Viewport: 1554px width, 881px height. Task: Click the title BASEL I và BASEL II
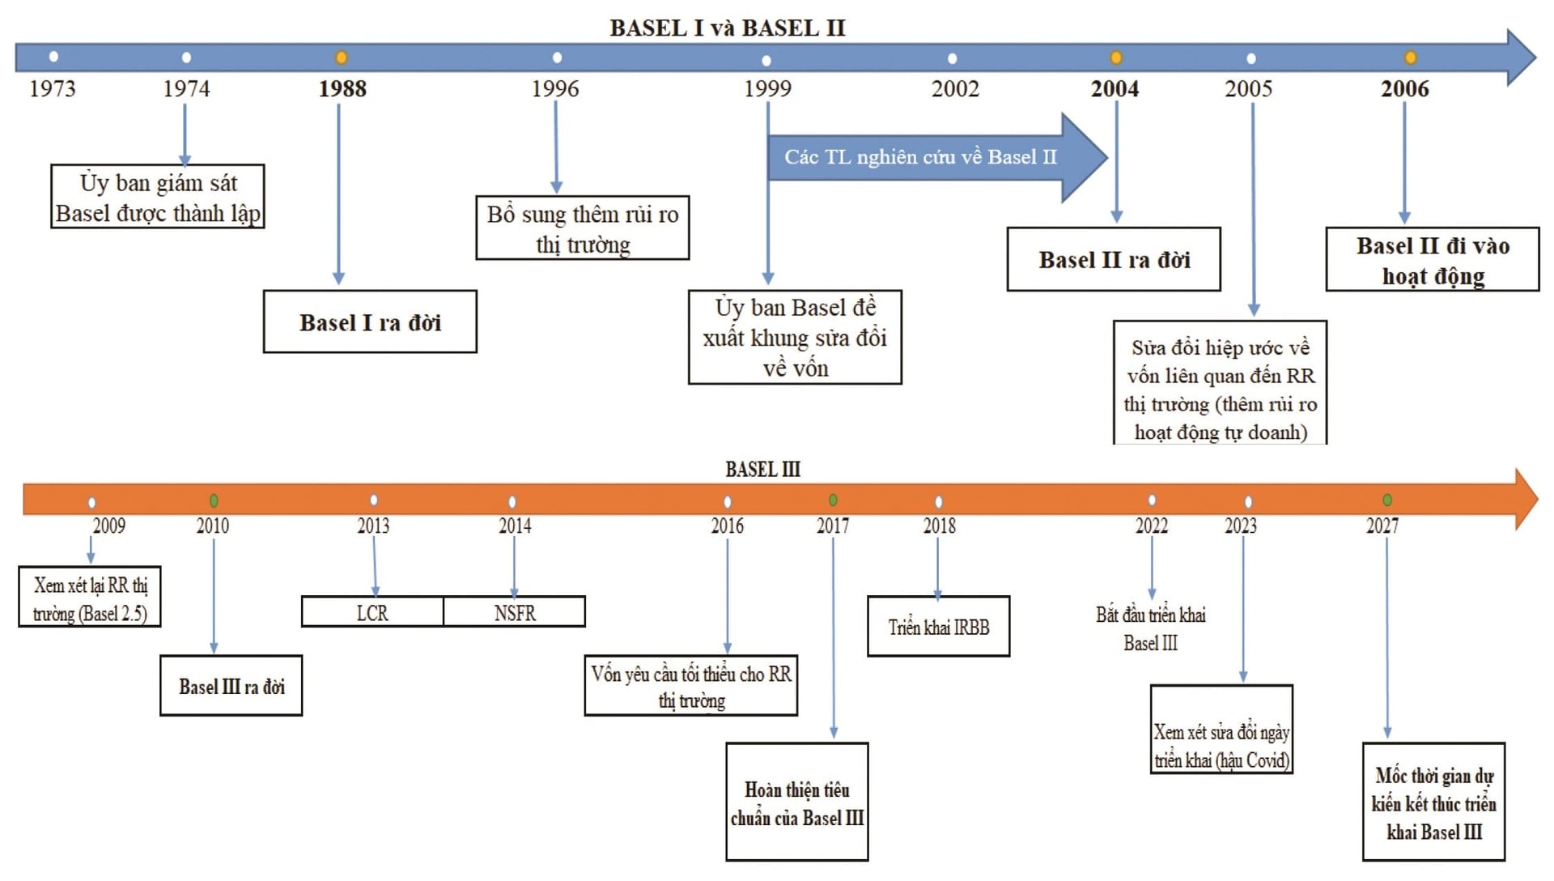click(x=727, y=28)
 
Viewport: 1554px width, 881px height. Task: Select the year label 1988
click(x=342, y=88)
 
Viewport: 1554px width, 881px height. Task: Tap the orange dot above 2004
click(x=1115, y=57)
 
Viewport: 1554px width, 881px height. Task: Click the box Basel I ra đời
click(x=370, y=321)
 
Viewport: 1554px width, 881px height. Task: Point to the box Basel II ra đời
click(x=1114, y=259)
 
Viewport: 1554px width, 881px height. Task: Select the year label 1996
click(x=555, y=88)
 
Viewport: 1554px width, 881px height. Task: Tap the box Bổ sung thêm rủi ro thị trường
click(x=583, y=228)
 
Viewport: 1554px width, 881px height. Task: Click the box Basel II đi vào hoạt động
click(x=1432, y=259)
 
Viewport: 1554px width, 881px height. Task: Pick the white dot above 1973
click(x=53, y=57)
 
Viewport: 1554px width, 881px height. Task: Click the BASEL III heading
click(x=762, y=470)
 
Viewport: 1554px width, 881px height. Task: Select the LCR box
click(x=372, y=612)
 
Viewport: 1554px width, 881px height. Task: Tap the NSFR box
click(x=515, y=612)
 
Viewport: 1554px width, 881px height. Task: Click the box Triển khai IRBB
click(x=938, y=627)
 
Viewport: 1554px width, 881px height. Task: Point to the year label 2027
click(x=1382, y=526)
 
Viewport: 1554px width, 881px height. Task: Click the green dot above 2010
click(x=214, y=500)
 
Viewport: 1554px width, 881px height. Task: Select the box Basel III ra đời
click(x=231, y=686)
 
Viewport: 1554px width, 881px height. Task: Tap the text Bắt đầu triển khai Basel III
click(x=1150, y=628)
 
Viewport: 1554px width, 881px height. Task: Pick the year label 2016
click(x=727, y=526)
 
